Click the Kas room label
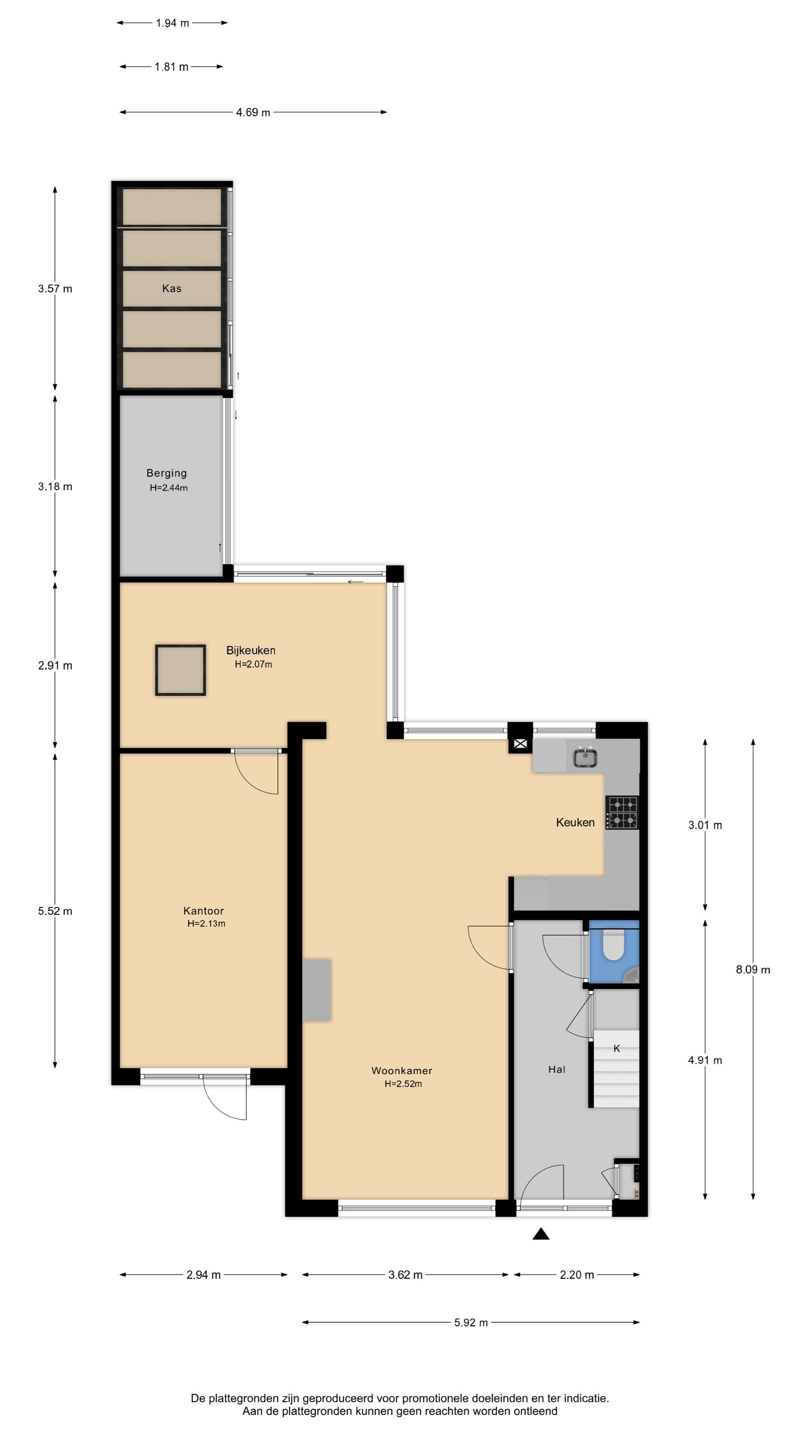pos(172,288)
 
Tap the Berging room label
pos(166,473)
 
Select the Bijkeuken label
pos(250,650)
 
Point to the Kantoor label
pos(203,911)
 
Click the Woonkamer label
pos(402,1071)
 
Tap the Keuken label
pos(575,822)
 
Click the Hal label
pos(557,1069)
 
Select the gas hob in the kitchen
pos(622,812)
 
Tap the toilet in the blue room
pos(613,946)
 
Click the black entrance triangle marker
pos(541,1234)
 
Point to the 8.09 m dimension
pos(753,969)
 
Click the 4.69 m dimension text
pos(253,113)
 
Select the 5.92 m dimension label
pos(471,1322)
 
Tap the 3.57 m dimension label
pos(55,289)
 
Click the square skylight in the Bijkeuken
pos(181,670)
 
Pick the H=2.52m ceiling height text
pos(403,1083)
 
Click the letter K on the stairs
pos(617,1049)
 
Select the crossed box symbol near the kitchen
pos(520,743)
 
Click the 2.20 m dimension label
pos(577,1274)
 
